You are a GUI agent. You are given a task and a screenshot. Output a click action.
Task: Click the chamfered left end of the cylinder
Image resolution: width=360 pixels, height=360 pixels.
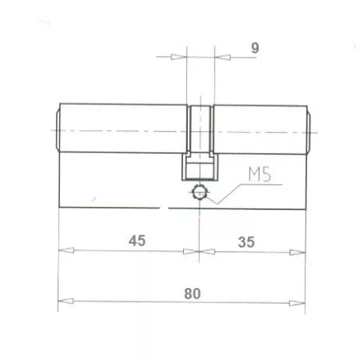[x=57, y=130]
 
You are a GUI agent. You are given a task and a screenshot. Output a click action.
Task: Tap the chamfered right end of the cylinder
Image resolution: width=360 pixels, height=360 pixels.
[x=309, y=130]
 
